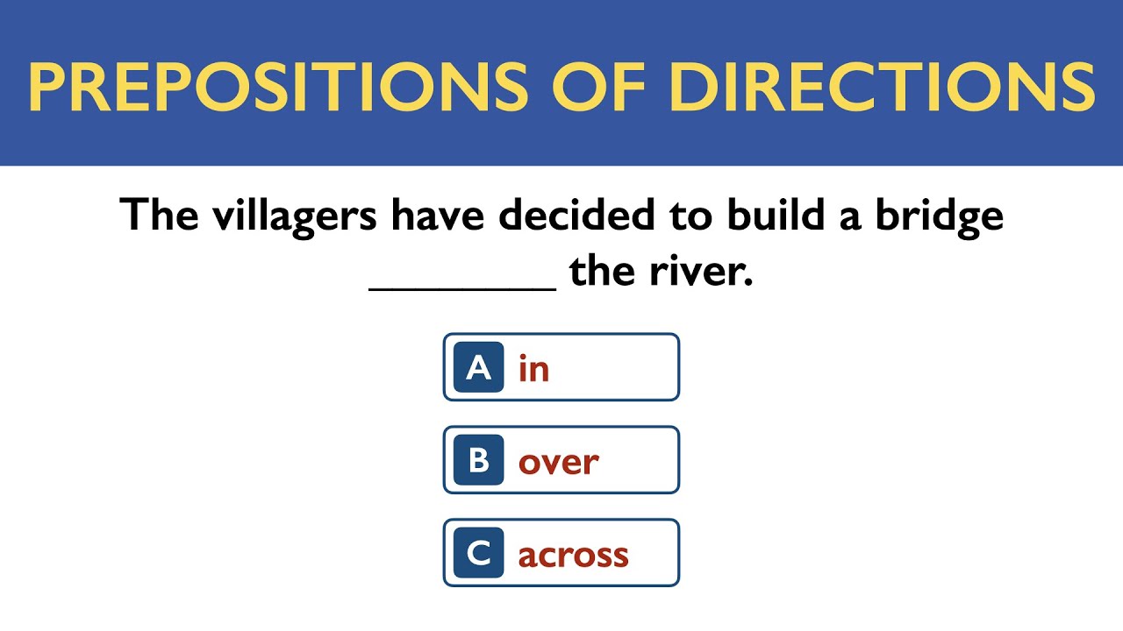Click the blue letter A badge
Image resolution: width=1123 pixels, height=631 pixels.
(478, 367)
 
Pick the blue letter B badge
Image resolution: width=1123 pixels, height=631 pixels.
(478, 460)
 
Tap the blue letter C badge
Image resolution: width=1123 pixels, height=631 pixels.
(478, 553)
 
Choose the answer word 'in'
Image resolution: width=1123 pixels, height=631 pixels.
(533, 368)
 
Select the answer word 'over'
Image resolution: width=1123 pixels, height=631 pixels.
(559, 462)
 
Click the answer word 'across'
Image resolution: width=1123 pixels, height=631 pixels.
(574, 555)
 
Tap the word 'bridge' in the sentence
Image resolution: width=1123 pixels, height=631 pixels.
(940, 216)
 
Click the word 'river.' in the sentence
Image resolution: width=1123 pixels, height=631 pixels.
(702, 273)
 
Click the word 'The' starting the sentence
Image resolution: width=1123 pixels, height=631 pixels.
(159, 215)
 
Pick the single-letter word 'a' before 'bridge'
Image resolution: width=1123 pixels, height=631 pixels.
(850, 219)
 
